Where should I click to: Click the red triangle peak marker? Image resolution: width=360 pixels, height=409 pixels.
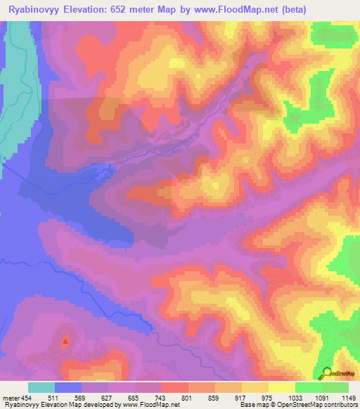(x=65, y=342)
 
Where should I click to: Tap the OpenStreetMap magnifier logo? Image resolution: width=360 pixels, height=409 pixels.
(x=326, y=374)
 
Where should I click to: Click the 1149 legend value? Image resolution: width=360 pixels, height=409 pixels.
(x=348, y=398)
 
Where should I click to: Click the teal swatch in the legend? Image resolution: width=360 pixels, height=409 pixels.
(x=41, y=387)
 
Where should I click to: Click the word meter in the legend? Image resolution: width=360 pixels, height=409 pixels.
(x=11, y=398)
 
